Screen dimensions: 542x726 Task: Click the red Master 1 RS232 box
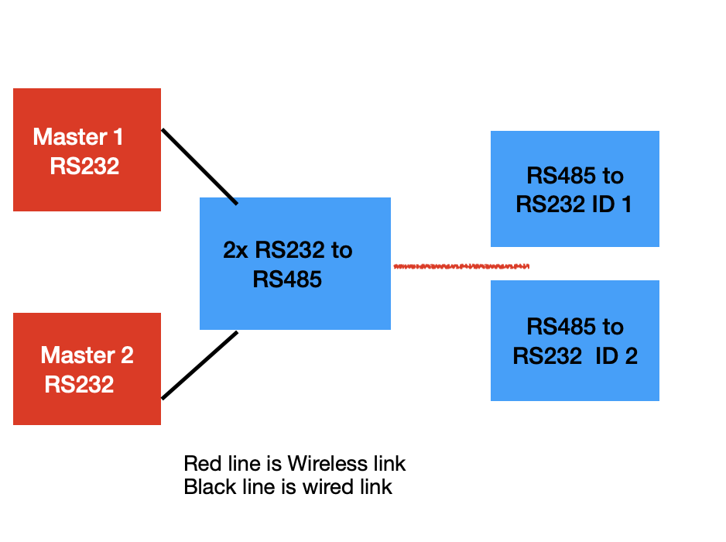[87, 149]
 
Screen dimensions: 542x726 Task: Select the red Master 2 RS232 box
[87, 369]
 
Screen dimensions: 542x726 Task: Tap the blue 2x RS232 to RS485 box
[295, 263]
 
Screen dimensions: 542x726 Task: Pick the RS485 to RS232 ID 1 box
[574, 189]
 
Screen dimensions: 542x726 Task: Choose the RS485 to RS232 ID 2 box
[574, 341]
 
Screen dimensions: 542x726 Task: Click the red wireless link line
[461, 266]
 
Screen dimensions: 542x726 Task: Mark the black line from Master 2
[199, 365]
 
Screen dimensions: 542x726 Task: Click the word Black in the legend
[208, 487]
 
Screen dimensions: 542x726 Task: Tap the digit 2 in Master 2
[126, 355]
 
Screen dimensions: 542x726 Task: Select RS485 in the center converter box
[287, 279]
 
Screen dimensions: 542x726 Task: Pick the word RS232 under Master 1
[84, 166]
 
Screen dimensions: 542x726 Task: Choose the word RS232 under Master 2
[79, 384]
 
